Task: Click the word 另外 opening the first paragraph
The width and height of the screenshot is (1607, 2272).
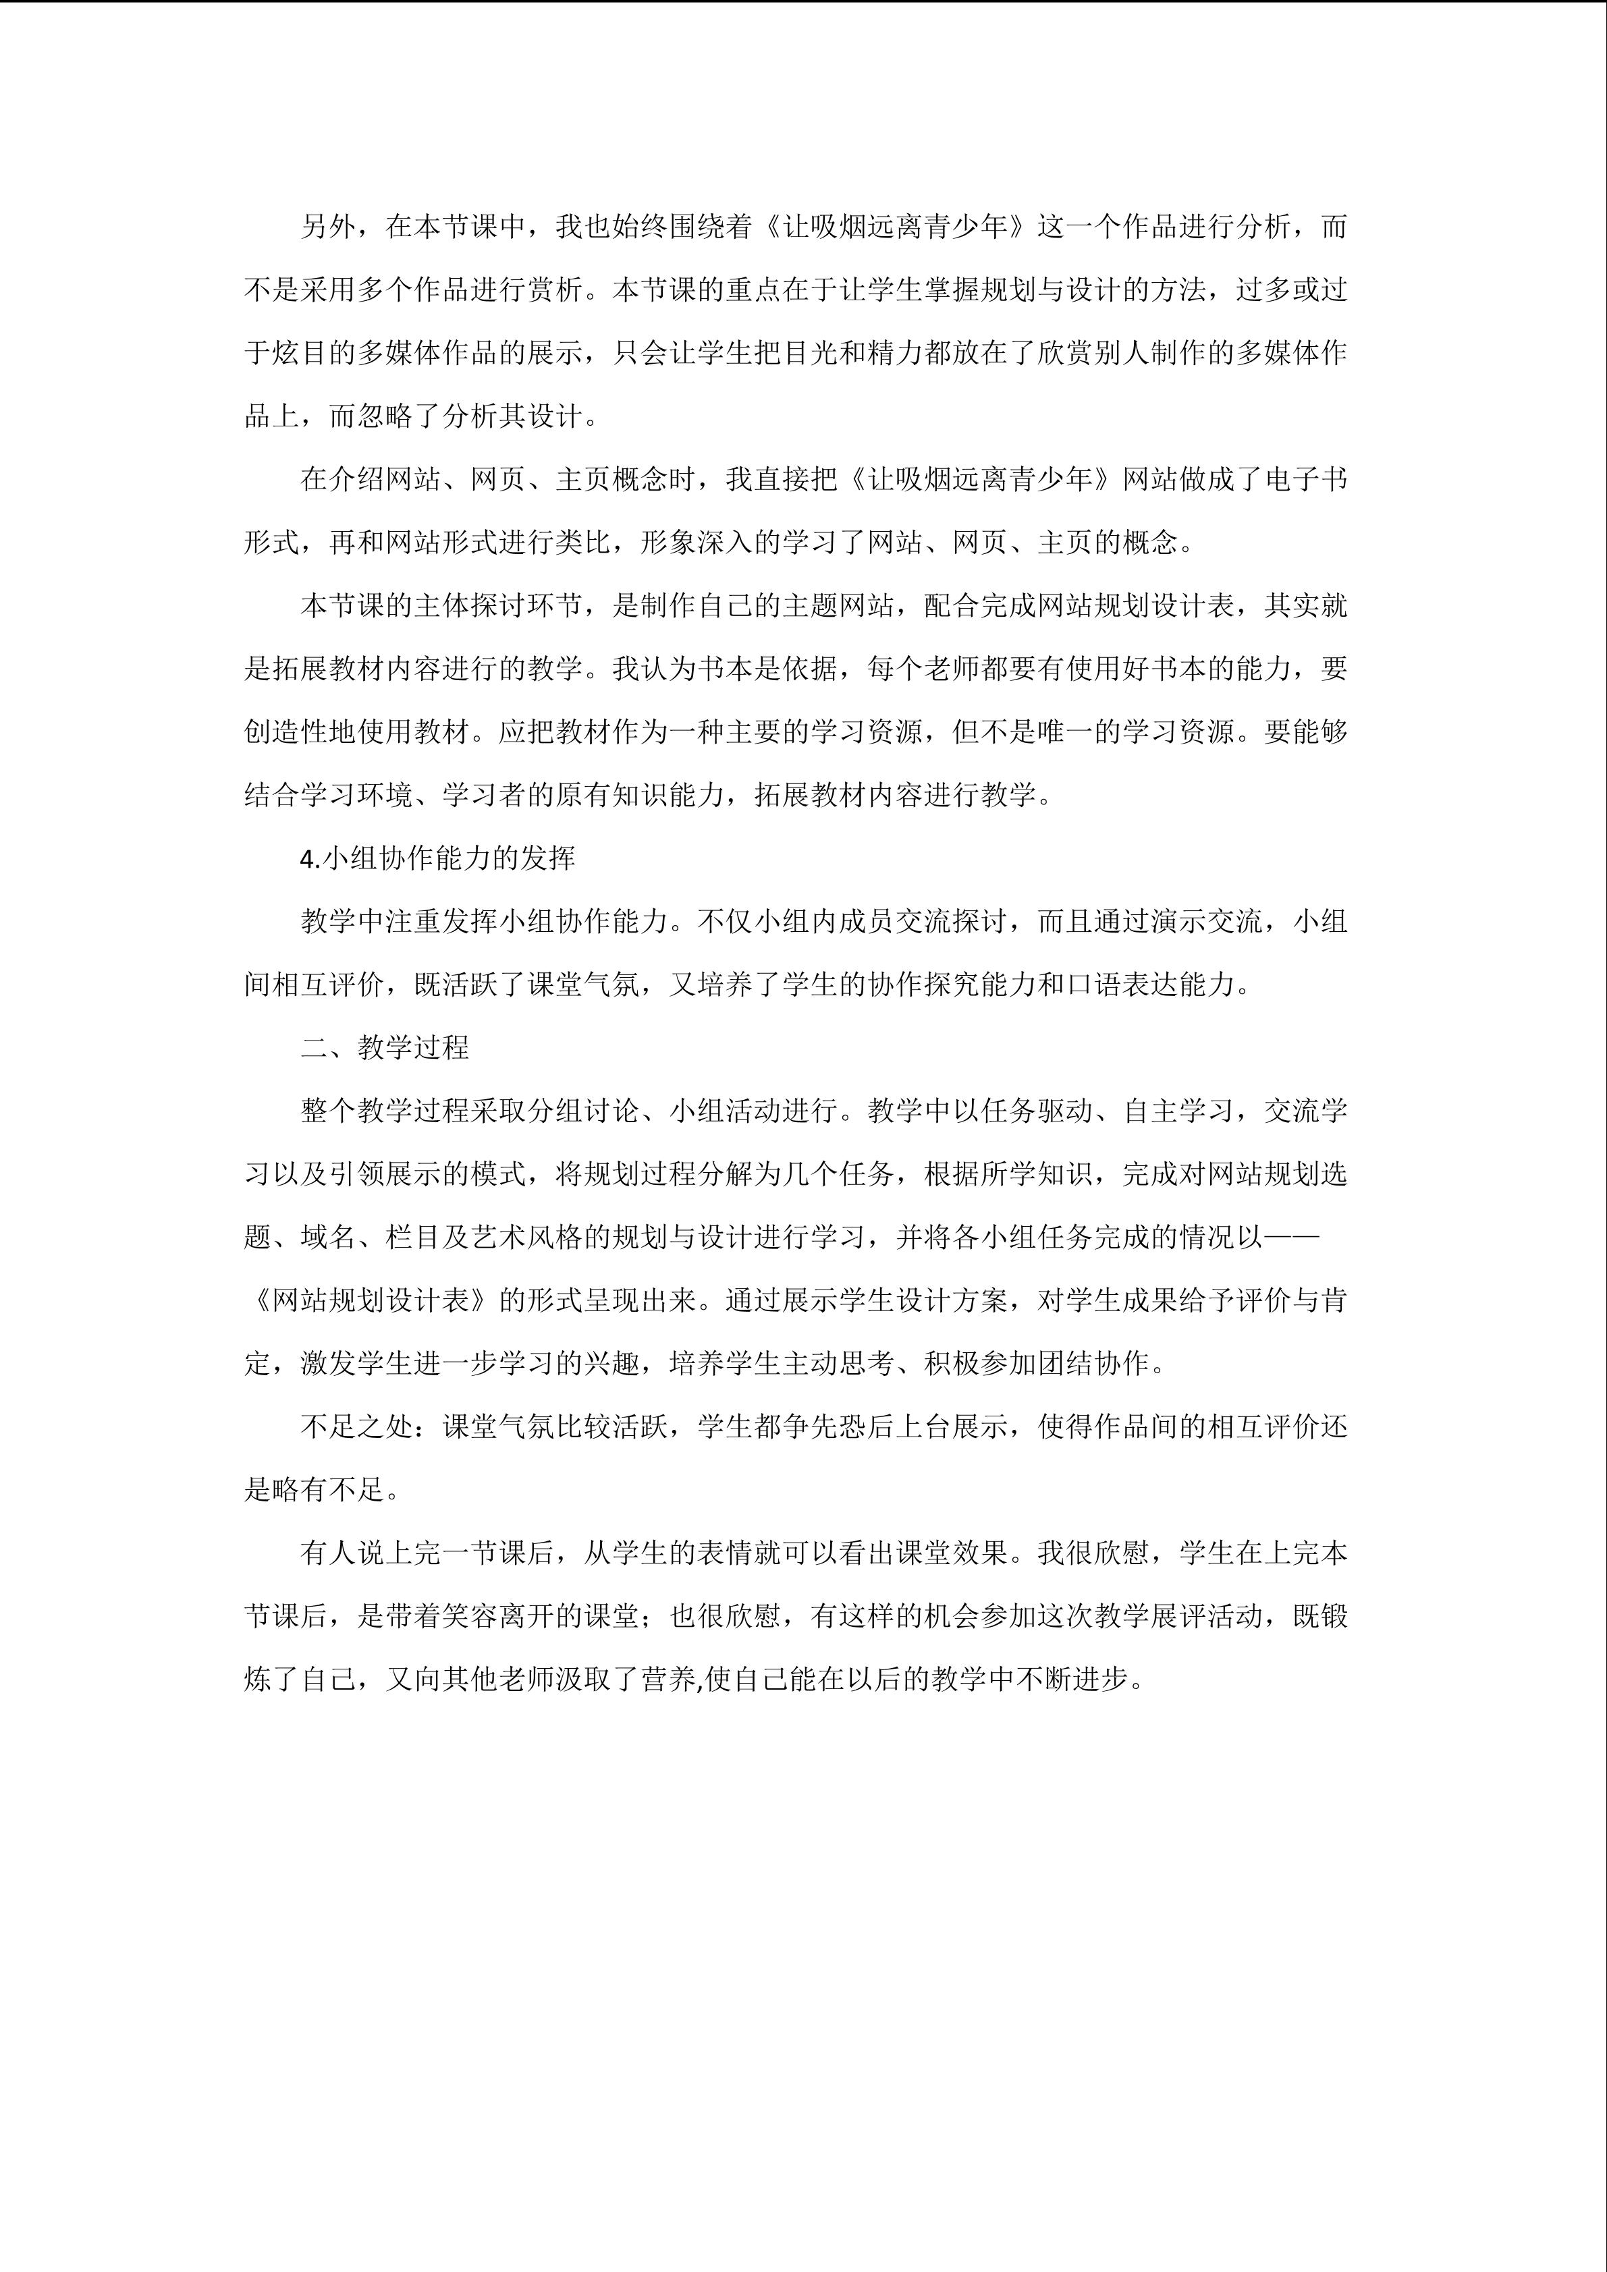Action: [x=329, y=227]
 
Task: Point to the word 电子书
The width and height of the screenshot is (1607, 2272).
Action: [x=1305, y=480]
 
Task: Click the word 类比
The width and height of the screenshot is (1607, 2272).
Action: [x=584, y=543]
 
